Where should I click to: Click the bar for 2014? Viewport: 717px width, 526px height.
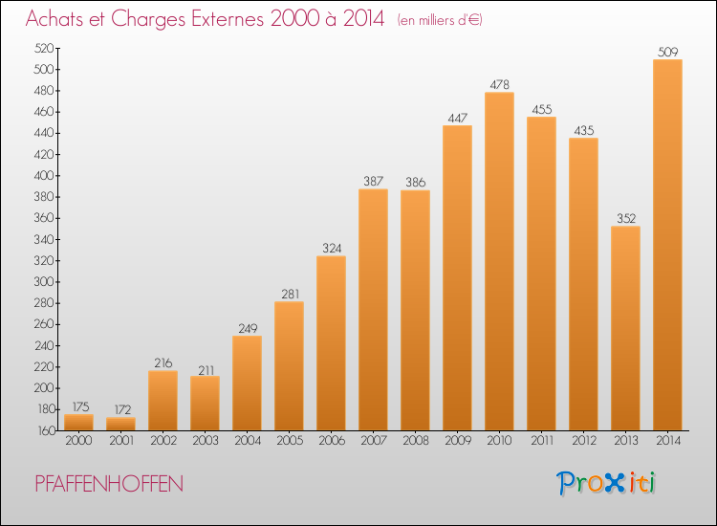click(667, 245)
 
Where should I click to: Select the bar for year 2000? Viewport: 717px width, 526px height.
click(78, 422)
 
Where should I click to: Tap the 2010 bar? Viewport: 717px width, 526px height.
click(499, 261)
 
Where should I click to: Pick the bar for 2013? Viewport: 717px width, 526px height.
click(625, 328)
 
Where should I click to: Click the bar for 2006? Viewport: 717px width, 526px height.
click(331, 343)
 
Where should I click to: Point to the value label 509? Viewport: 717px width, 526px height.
click(667, 52)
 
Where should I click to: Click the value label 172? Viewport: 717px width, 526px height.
click(122, 409)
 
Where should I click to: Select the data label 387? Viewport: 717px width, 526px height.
click(373, 181)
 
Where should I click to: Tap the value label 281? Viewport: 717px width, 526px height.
click(291, 294)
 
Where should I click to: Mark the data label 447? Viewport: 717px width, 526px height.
click(457, 118)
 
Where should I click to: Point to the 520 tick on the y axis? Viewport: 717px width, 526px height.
click(44, 48)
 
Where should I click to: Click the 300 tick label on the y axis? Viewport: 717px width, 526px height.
click(44, 282)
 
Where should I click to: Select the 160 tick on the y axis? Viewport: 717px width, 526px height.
click(46, 430)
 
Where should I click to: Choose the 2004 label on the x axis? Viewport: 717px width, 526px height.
click(248, 441)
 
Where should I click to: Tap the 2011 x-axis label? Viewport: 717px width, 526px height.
click(541, 441)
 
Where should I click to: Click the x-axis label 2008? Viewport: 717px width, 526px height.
click(416, 441)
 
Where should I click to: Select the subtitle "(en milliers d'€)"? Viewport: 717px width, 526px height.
click(440, 21)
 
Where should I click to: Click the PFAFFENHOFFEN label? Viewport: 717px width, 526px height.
click(109, 484)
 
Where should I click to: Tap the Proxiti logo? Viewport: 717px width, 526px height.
click(606, 483)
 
